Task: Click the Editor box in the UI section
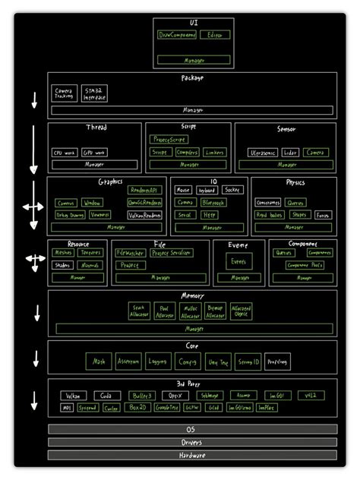coord(218,35)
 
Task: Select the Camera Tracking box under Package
coord(64,94)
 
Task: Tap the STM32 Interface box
coord(96,94)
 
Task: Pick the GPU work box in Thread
coord(95,153)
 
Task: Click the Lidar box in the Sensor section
coord(290,153)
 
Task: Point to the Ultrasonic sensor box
coord(263,153)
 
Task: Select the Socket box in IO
coord(233,190)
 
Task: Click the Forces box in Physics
coord(323,215)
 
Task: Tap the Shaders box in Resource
coord(62,265)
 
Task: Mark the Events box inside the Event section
coord(238,261)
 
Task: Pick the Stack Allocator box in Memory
coord(139,311)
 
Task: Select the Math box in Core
coord(99,362)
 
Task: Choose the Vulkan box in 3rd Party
coord(71,396)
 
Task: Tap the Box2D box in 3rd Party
coord(137,408)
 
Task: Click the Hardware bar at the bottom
coord(192,456)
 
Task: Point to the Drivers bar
coord(192,442)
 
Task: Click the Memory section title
coord(192,295)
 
